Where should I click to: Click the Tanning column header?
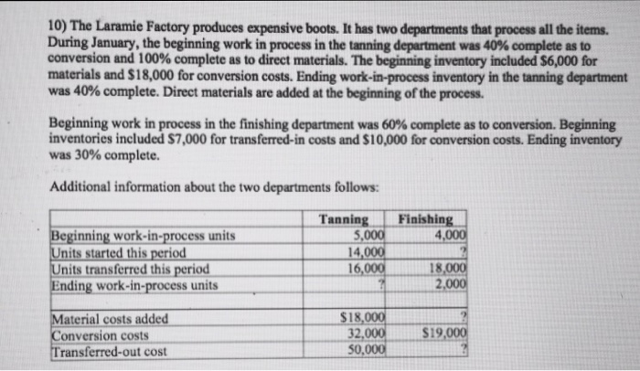coord(344,220)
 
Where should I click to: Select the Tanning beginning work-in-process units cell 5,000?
coord(368,236)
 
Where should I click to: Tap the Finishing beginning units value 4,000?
coord(449,236)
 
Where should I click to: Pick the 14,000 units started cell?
coord(365,252)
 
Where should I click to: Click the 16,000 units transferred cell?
coord(365,269)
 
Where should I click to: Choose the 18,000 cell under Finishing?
coord(449,269)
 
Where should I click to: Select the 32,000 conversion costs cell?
coord(365,334)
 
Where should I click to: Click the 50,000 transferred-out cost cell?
coord(365,349)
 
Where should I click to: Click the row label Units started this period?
coord(118,252)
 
